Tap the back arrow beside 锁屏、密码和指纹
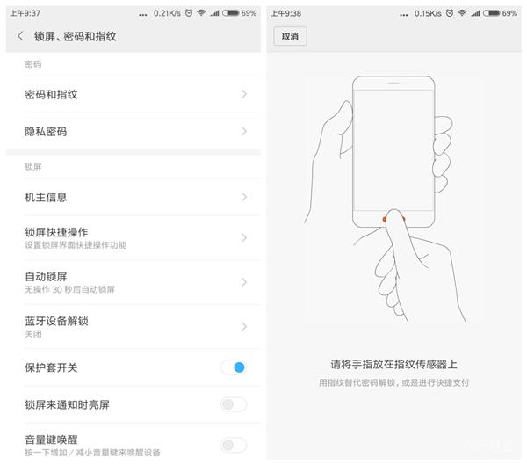pyautogui.click(x=20, y=36)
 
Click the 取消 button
pyautogui.click(x=289, y=36)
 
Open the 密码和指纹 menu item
pyautogui.click(x=51, y=94)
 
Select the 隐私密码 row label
pyautogui.click(x=46, y=132)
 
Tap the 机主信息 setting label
pyautogui.click(x=46, y=197)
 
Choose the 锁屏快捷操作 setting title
pyautogui.click(x=56, y=232)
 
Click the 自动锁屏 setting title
pyautogui.click(x=46, y=277)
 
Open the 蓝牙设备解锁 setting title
pyautogui.click(x=56, y=321)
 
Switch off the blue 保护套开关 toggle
pyautogui.click(x=234, y=367)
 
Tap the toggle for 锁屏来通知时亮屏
pyautogui.click(x=234, y=404)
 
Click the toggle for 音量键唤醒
pyautogui.click(x=234, y=445)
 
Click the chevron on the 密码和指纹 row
pyautogui.click(x=243, y=94)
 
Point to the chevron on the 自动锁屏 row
pyautogui.click(x=243, y=282)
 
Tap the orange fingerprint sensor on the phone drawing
pyautogui.click(x=386, y=218)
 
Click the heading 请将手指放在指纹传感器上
pyautogui.click(x=393, y=364)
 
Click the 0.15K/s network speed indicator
pyautogui.click(x=428, y=13)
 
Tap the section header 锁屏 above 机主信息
pyautogui.click(x=33, y=166)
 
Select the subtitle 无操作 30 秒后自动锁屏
pyautogui.click(x=69, y=289)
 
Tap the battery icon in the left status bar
pyautogui.click(x=230, y=13)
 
